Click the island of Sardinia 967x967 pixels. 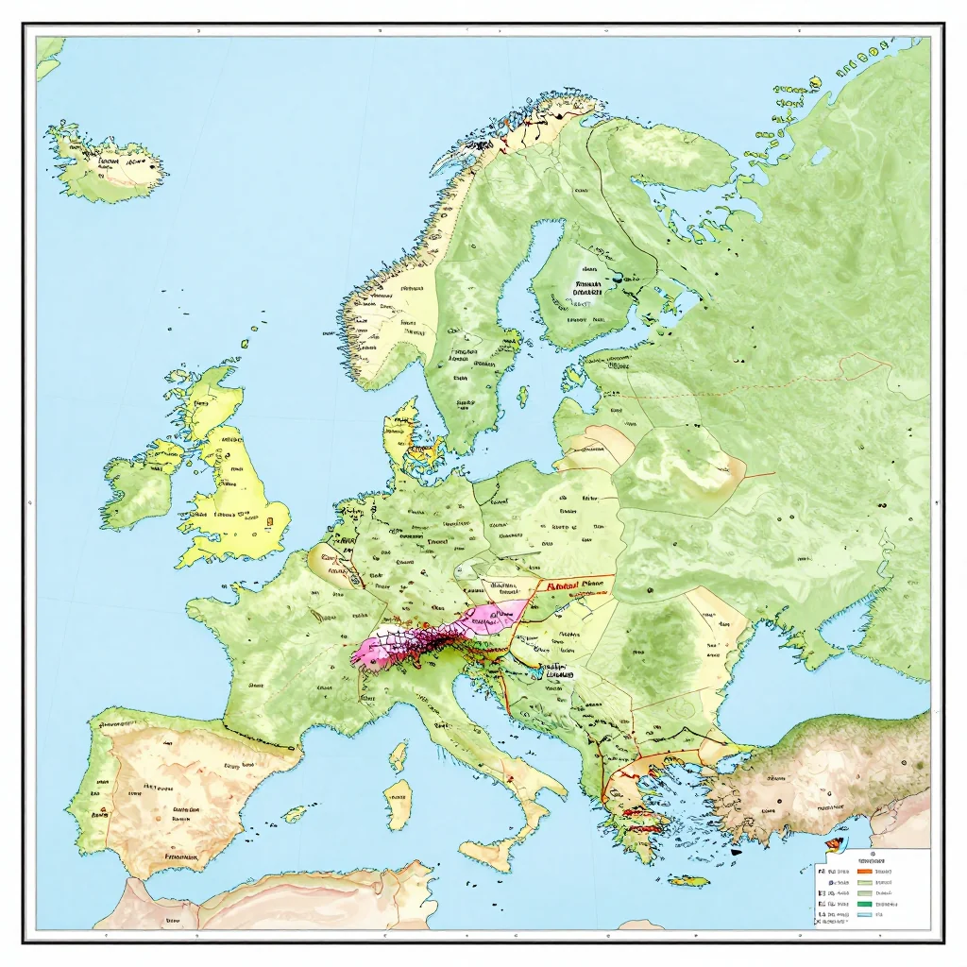click(399, 803)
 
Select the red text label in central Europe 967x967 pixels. click(573, 585)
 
